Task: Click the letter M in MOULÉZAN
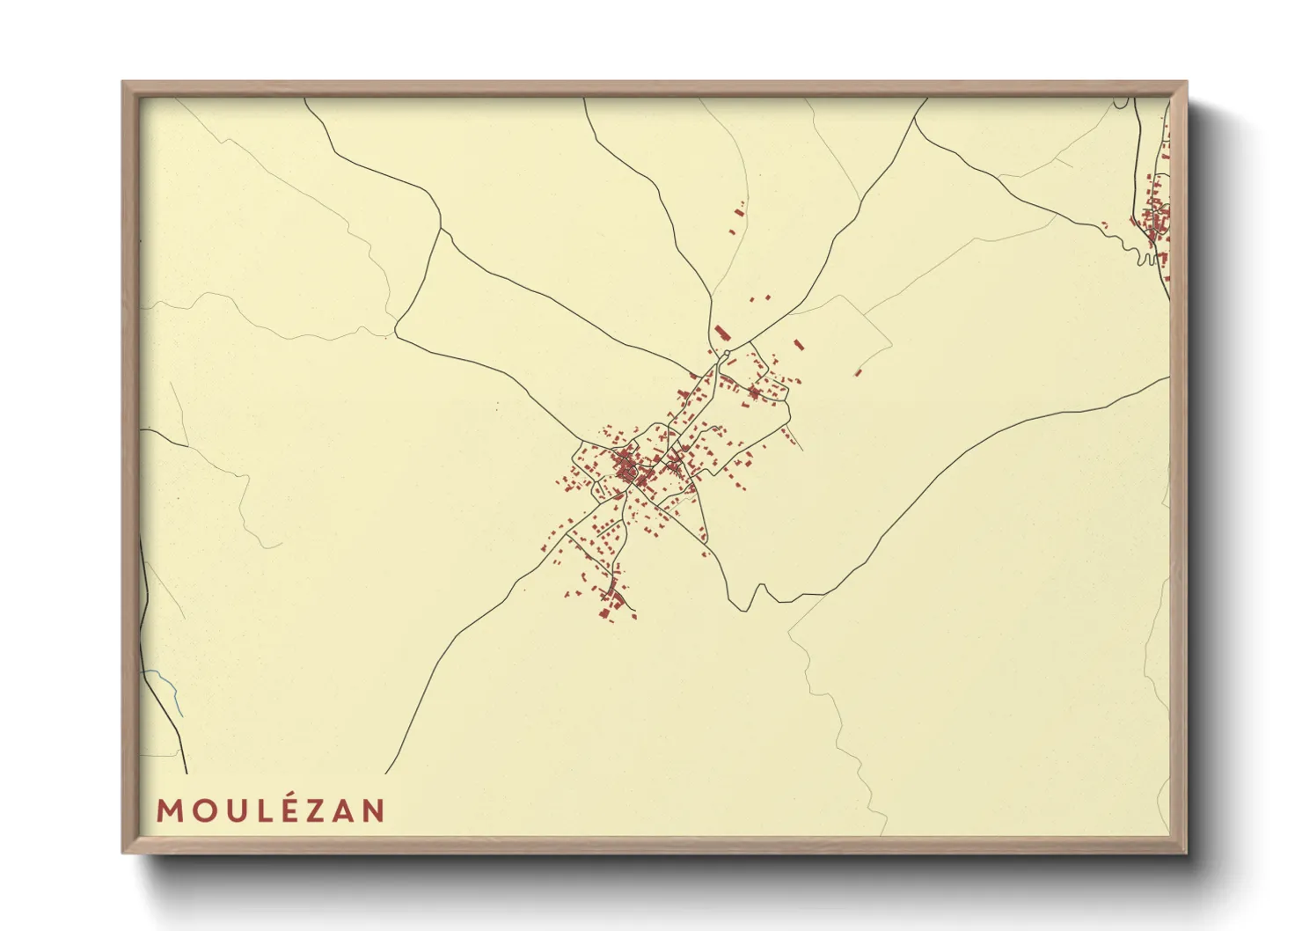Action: pyautogui.click(x=169, y=810)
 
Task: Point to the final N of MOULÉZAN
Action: pyautogui.click(x=374, y=810)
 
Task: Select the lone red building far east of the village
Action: pyautogui.click(x=858, y=372)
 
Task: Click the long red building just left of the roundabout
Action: pyautogui.click(x=721, y=334)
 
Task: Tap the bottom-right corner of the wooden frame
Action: pyautogui.click(x=1185, y=852)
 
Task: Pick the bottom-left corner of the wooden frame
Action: pyautogui.click(x=124, y=852)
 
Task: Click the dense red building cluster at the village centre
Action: pyautogui.click(x=626, y=464)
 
